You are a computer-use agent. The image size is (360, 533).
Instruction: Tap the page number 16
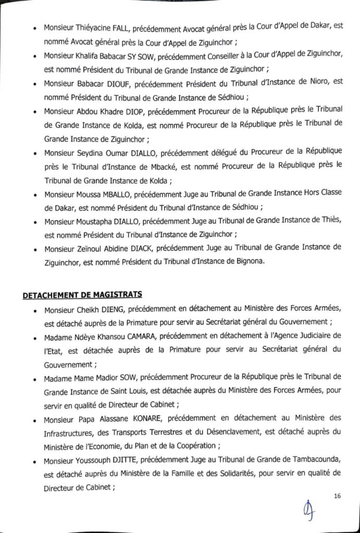[337, 496]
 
